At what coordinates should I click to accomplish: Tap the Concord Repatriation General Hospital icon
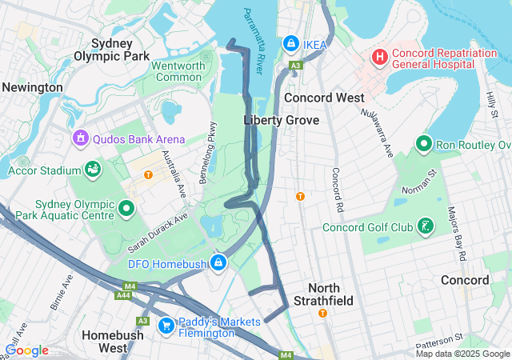[x=378, y=58]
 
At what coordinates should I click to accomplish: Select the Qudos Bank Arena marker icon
[x=80, y=139]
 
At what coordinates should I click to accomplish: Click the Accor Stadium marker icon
[x=94, y=170]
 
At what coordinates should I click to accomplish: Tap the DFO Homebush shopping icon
[x=218, y=262]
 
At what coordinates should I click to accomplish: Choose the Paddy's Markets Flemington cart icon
[x=166, y=325]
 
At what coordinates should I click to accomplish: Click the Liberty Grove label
[x=281, y=120]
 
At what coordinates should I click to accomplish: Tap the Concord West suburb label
[x=325, y=98]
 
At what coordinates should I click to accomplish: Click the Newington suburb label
[x=32, y=87]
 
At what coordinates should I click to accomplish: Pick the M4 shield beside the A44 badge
[x=130, y=286]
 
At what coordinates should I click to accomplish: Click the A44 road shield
[x=123, y=296]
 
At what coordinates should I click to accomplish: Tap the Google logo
[x=26, y=350]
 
